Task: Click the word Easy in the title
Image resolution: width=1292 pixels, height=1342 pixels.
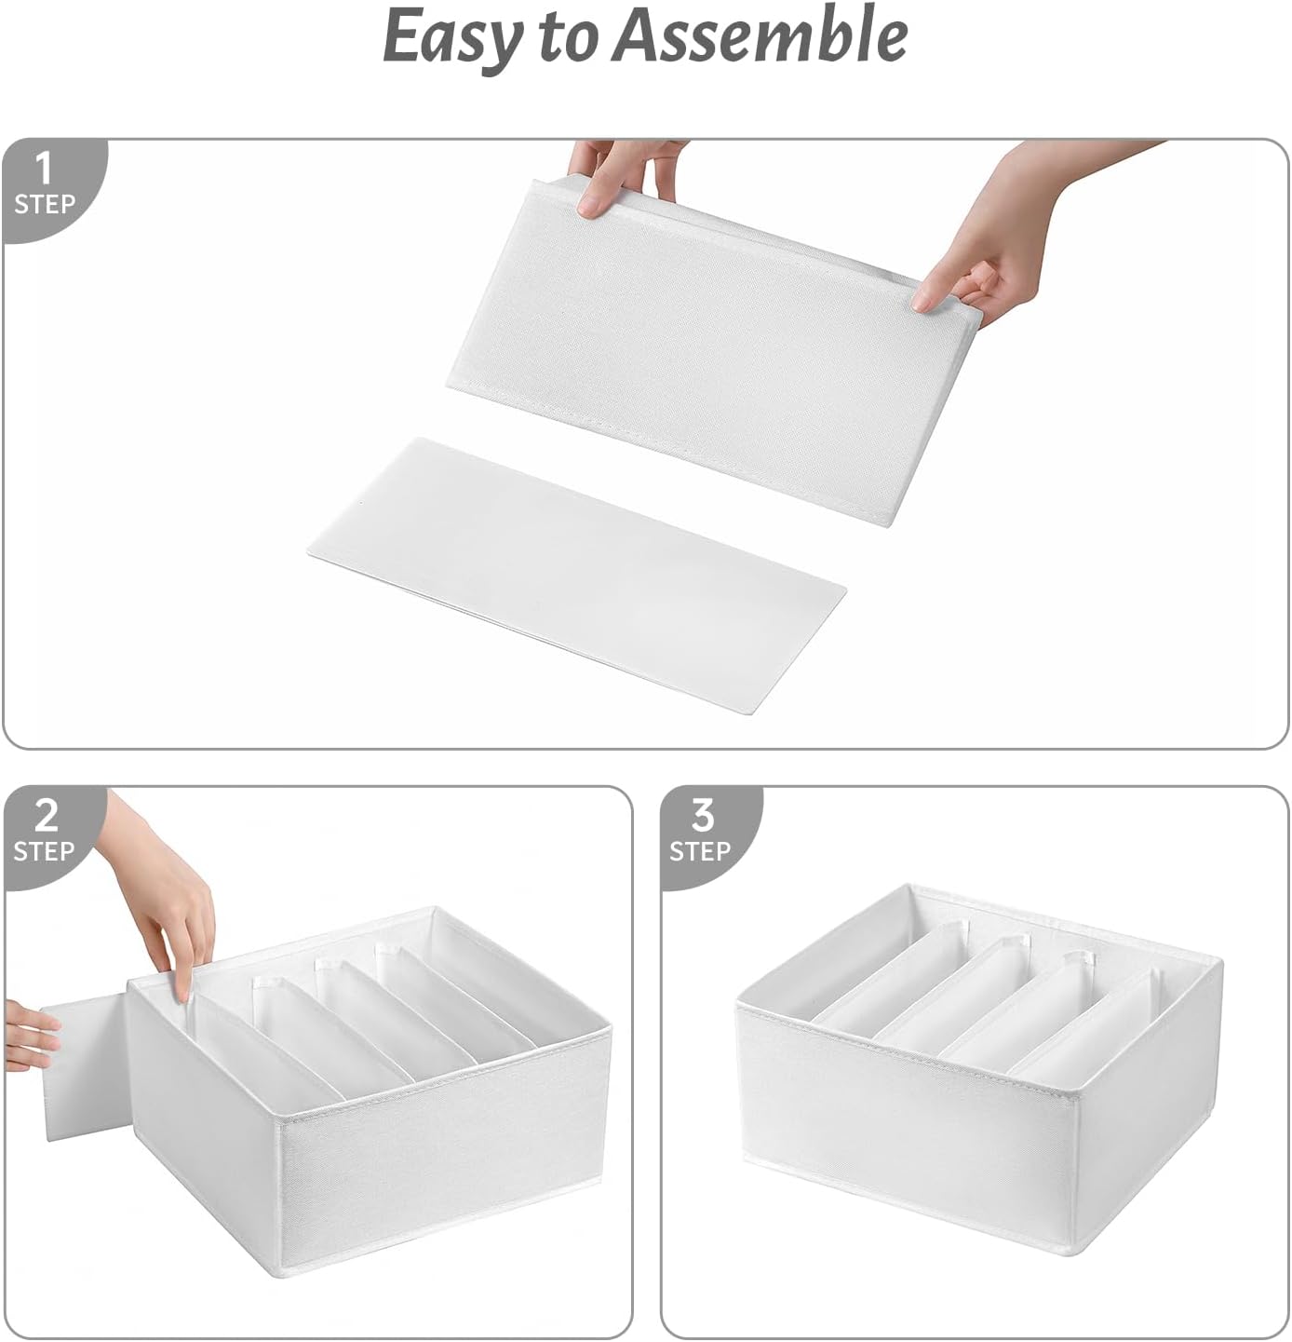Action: pyautogui.click(x=451, y=37)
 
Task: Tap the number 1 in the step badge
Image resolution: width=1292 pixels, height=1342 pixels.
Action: pyautogui.click(x=43, y=169)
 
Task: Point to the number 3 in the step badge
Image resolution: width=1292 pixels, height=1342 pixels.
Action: pyautogui.click(x=702, y=816)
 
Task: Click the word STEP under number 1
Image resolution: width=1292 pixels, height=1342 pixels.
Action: pyautogui.click(x=44, y=204)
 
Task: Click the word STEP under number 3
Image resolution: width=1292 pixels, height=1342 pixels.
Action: pyautogui.click(x=700, y=851)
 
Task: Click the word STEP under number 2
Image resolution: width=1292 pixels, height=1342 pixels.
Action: pyautogui.click(x=44, y=851)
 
